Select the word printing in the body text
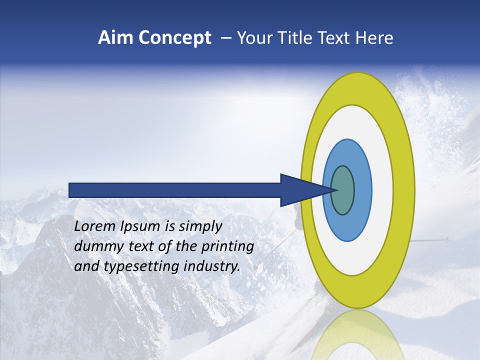pyautogui.click(x=227, y=246)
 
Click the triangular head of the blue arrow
pyautogui.click(x=300, y=190)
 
